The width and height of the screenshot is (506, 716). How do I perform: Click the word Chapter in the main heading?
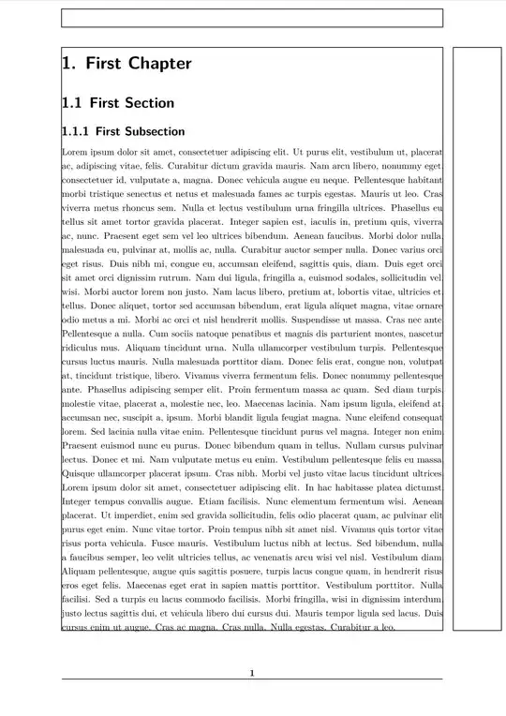click(x=160, y=64)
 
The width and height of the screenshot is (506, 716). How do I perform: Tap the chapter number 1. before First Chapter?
click(x=68, y=64)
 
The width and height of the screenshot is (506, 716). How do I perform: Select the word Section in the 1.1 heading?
click(x=149, y=103)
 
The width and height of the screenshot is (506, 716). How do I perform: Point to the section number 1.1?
click(x=71, y=103)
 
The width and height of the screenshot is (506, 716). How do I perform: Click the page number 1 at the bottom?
click(x=252, y=672)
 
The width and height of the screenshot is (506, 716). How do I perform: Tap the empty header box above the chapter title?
click(x=252, y=18)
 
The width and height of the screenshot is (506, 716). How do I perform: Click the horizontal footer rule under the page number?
click(x=252, y=679)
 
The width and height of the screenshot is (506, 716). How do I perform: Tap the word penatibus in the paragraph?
click(x=253, y=334)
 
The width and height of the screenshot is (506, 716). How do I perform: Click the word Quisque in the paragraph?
click(x=80, y=473)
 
